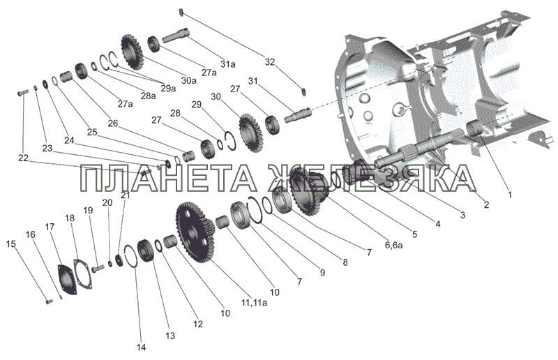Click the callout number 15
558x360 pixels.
tap(10, 244)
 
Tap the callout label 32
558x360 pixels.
tap(270, 62)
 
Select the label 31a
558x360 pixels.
tap(228, 64)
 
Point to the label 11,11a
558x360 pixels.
tap(254, 303)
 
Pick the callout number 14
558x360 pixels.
tap(142, 347)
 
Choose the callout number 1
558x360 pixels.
tap(510, 195)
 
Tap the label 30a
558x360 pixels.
tap(188, 80)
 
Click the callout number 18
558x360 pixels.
tap(70, 218)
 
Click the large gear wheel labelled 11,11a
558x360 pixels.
tap(195, 232)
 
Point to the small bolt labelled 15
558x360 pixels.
tap(49, 302)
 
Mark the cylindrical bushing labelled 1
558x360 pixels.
tap(474, 128)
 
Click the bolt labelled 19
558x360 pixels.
tap(97, 268)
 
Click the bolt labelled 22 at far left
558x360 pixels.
tap(22, 93)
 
